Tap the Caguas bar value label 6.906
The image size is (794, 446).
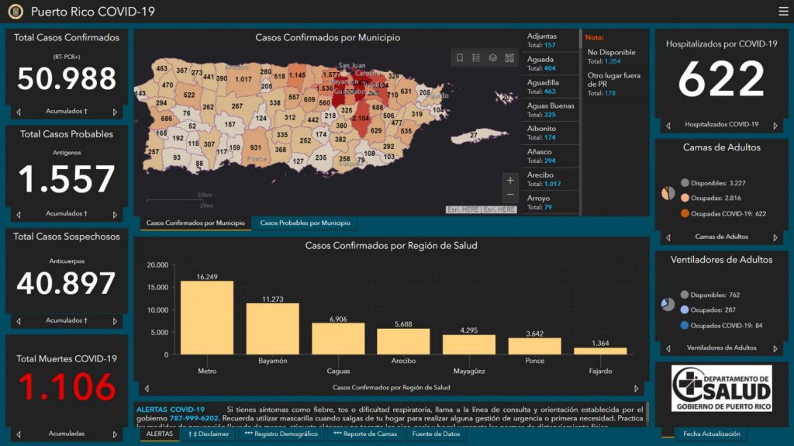(x=338, y=319)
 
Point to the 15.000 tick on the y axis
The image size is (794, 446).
(x=156, y=288)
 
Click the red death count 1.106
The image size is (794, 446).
(x=67, y=387)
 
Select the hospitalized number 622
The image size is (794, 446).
(x=721, y=79)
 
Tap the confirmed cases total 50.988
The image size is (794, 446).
(x=67, y=79)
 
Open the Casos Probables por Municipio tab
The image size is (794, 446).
(x=305, y=223)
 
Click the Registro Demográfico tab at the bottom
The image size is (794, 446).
(x=281, y=434)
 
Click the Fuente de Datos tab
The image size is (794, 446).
(x=435, y=434)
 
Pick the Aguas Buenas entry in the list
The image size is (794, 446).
(x=551, y=109)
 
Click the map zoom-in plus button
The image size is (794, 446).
(x=509, y=181)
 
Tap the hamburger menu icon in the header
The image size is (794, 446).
(x=783, y=12)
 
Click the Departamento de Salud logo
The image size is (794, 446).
(x=721, y=389)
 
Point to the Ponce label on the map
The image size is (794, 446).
(x=257, y=158)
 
